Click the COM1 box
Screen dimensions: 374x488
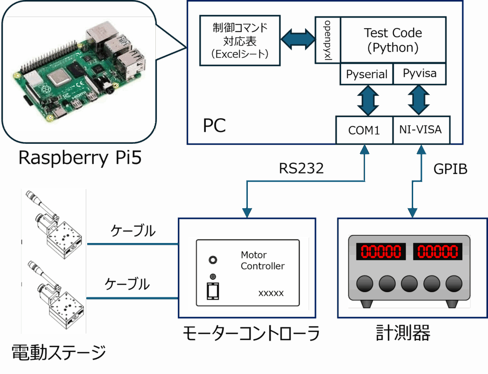[x=364, y=130]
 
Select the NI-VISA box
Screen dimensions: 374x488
[x=421, y=130]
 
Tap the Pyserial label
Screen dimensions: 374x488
[x=366, y=74]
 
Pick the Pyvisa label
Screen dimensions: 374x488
[x=419, y=74]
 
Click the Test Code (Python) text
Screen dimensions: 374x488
[x=393, y=40]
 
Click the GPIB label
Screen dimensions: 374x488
[x=450, y=169]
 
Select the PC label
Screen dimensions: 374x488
[x=214, y=126]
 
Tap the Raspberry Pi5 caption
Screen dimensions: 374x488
[x=80, y=158]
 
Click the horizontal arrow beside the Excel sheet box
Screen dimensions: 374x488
[x=298, y=39]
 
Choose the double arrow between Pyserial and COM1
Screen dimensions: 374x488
[x=367, y=101]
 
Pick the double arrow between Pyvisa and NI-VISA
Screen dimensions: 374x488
[x=419, y=101]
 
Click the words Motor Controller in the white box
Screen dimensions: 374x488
[x=263, y=261]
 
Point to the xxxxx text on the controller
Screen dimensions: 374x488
[x=271, y=293]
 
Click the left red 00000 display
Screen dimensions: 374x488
[x=382, y=252]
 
